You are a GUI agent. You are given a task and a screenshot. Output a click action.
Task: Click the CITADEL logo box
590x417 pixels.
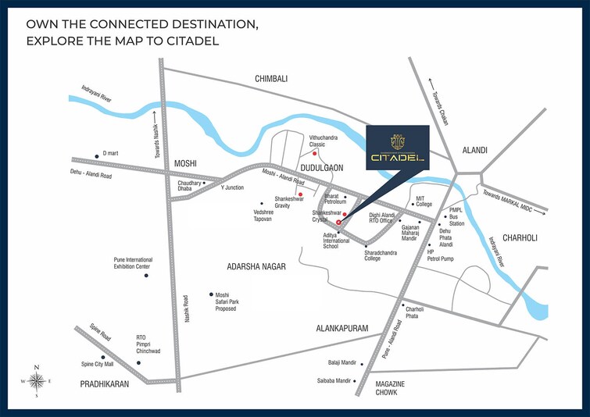click(x=397, y=150)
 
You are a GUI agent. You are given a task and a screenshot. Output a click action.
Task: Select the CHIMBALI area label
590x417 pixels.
click(x=271, y=79)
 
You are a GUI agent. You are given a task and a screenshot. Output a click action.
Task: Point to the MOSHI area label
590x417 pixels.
click(x=185, y=164)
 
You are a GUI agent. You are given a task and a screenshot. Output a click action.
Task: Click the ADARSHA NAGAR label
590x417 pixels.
click(x=256, y=266)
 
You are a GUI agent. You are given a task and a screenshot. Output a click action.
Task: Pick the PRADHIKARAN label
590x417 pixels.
click(x=105, y=384)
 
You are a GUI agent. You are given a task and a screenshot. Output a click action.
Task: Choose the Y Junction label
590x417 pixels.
click(x=232, y=187)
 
